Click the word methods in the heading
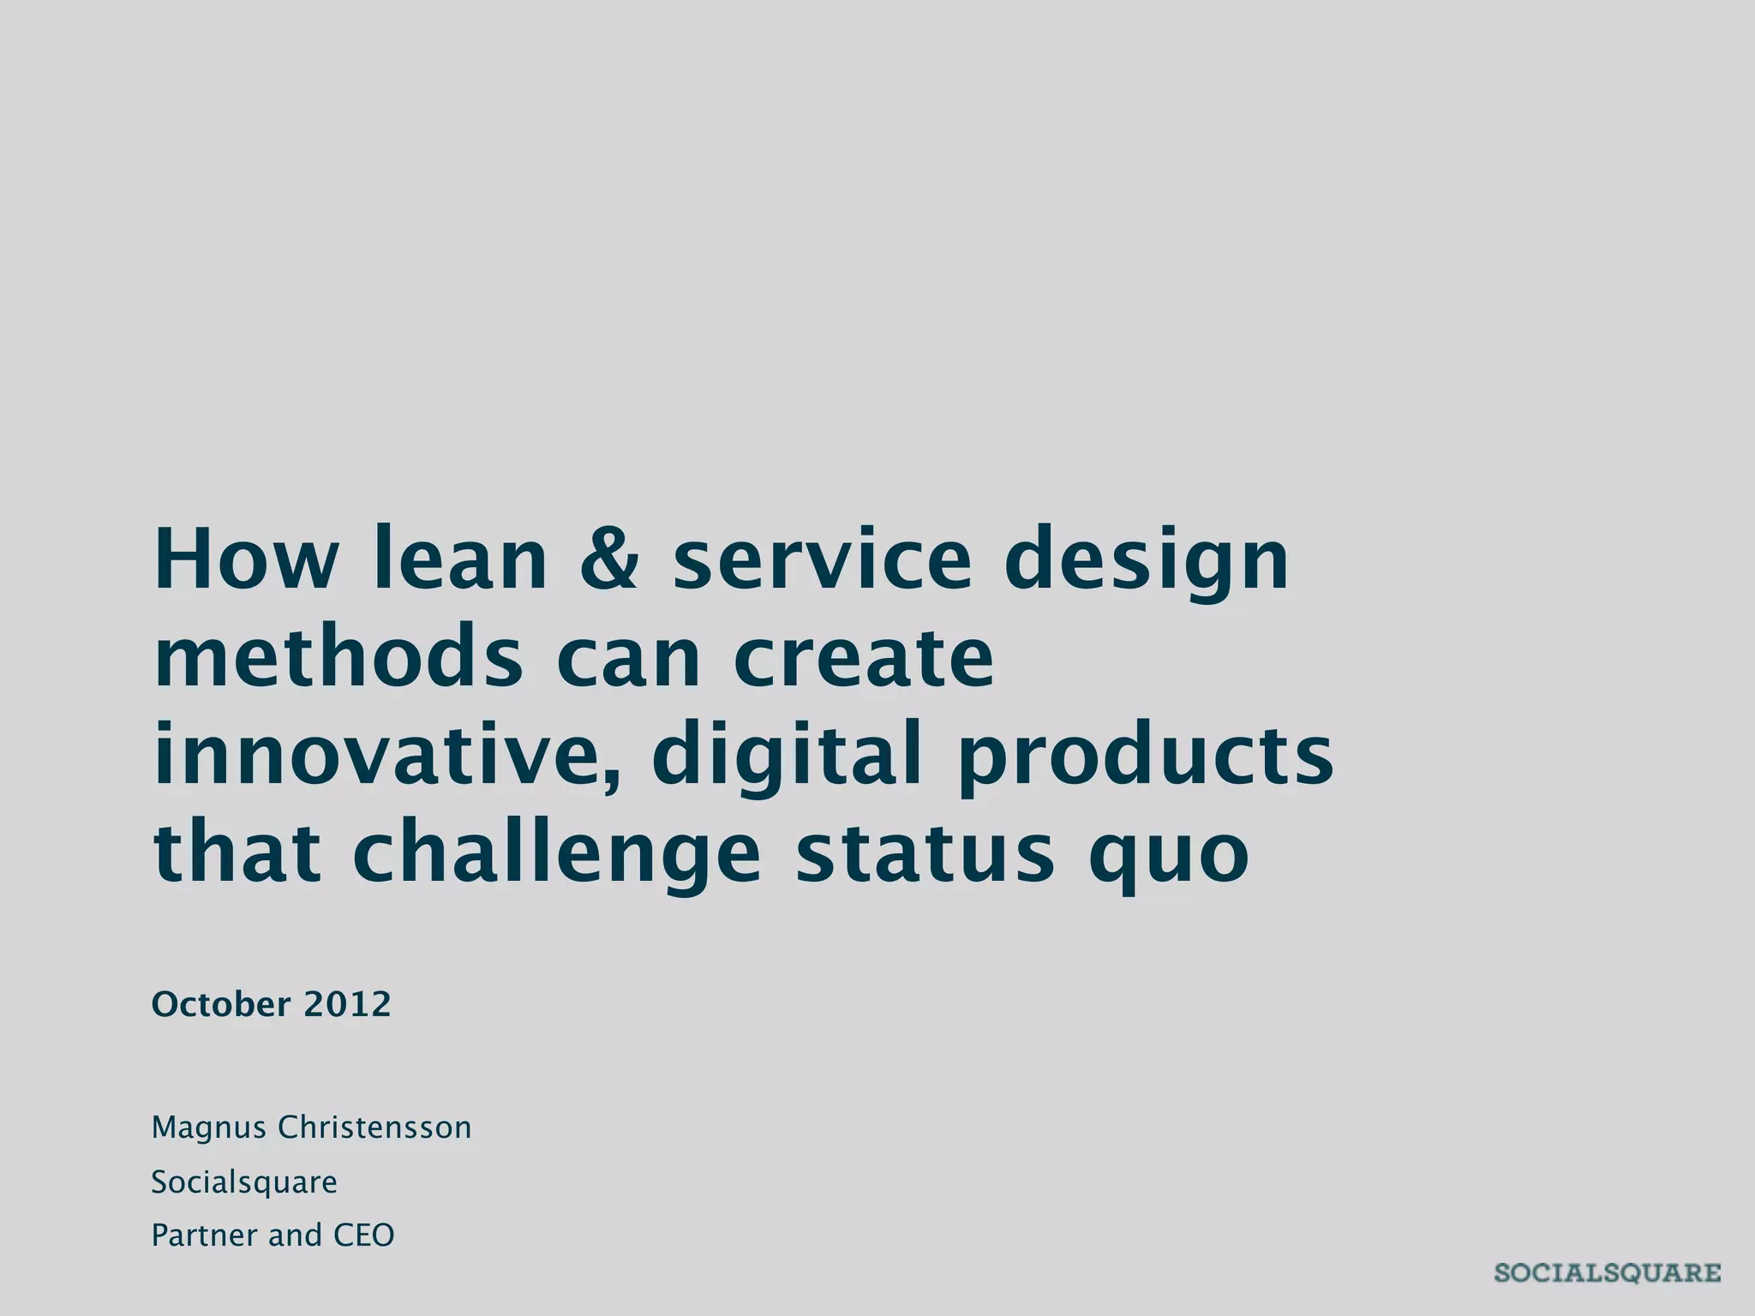point(338,657)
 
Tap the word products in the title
point(1145,755)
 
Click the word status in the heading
point(925,852)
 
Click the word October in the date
point(221,1004)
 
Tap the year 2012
point(347,1004)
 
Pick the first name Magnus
point(209,1128)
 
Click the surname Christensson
point(374,1128)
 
